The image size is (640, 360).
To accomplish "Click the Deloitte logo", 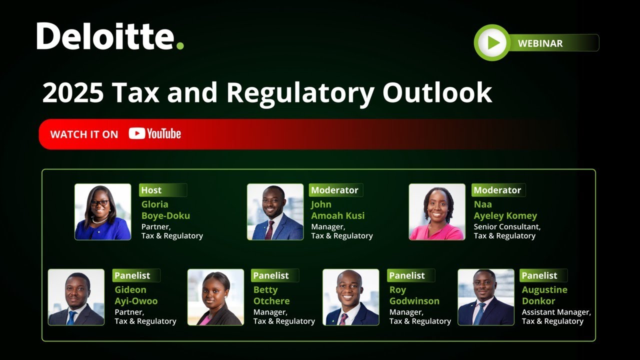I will click(x=110, y=36).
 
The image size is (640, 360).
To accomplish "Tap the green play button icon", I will click(x=492, y=43).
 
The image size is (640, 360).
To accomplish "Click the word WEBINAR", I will click(x=540, y=43).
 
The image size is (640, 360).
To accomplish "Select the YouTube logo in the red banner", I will click(x=155, y=134).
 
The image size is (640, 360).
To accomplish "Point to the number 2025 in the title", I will click(x=73, y=93).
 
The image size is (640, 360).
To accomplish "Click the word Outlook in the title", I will click(x=437, y=93).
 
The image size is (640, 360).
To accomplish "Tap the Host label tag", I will click(x=151, y=190).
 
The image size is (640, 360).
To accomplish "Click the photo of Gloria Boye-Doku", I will click(x=103, y=211).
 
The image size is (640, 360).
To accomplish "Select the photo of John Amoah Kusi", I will click(x=275, y=211).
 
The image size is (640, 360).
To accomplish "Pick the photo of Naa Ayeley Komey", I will click(x=437, y=211).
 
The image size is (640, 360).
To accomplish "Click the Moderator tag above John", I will click(x=334, y=190).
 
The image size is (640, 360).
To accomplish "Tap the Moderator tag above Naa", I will click(x=497, y=190).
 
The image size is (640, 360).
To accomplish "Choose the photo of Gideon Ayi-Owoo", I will click(x=76, y=297).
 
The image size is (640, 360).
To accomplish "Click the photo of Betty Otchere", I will click(x=215, y=297).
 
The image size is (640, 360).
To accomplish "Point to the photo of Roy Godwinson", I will click(x=350, y=297).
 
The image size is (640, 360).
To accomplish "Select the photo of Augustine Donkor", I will click(x=485, y=297).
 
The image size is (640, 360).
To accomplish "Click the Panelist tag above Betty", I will click(x=271, y=275).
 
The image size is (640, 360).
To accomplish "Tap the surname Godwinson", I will click(x=414, y=301).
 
